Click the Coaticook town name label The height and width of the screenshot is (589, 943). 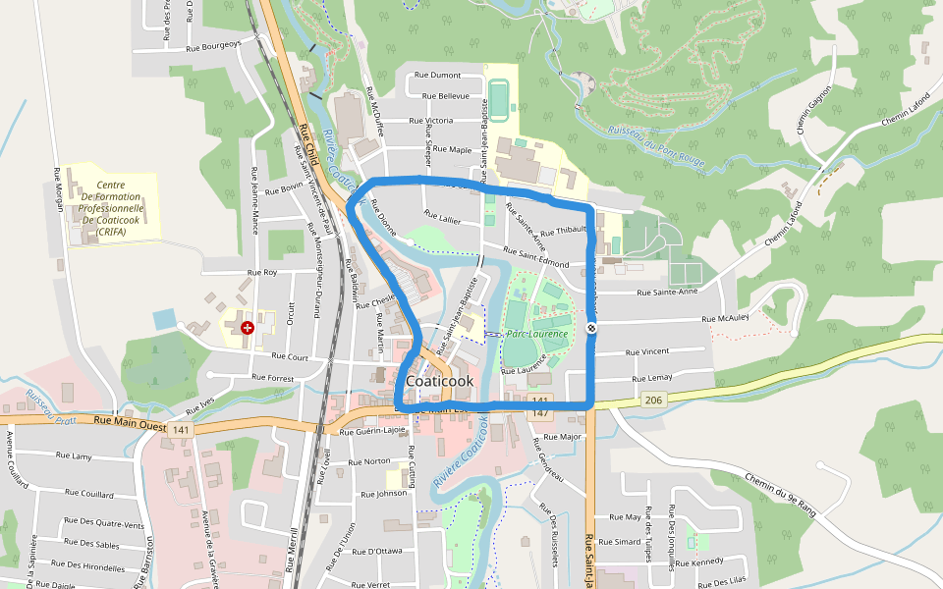439,381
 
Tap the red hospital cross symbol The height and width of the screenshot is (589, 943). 247,328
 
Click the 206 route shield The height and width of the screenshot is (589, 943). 654,400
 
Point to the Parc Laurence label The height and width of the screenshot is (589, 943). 537,334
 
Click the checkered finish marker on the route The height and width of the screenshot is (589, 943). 591,329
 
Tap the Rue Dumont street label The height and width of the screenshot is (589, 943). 438,75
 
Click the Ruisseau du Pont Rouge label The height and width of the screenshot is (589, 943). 656,145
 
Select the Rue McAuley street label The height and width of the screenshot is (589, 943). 726,318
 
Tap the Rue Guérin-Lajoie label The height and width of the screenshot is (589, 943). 372,431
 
